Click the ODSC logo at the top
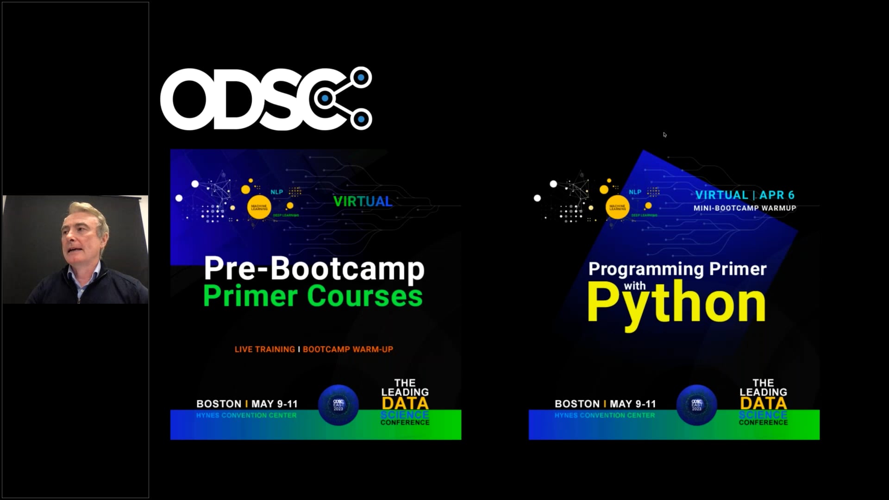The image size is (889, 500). [266, 98]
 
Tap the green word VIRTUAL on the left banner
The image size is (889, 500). [363, 201]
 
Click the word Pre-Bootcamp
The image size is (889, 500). [314, 269]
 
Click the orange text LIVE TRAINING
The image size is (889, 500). [264, 350]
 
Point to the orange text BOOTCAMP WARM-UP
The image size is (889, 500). [348, 350]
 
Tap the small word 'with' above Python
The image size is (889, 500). [634, 286]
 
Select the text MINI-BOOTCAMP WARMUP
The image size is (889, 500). [745, 208]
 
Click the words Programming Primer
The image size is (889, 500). [677, 269]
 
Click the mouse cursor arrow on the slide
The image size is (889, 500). [664, 135]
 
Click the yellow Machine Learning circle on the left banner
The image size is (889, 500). [259, 208]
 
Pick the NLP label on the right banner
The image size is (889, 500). [635, 192]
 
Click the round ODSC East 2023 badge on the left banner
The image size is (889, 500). [338, 405]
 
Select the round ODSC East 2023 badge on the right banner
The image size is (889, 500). [696, 405]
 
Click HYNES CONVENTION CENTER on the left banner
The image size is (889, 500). [246, 415]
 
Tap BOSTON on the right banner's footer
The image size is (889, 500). [577, 404]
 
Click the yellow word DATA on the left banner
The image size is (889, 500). [405, 403]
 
